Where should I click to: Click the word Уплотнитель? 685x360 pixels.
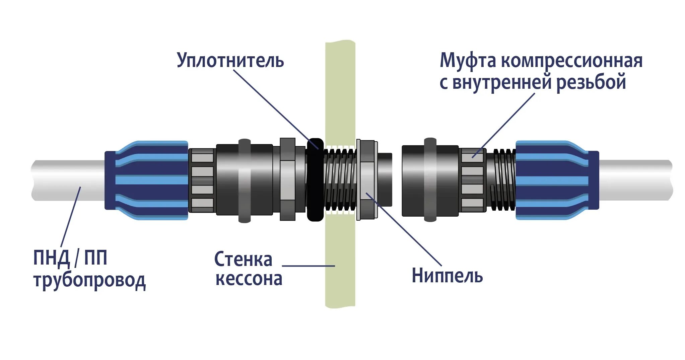230,61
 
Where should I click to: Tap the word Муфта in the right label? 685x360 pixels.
468,61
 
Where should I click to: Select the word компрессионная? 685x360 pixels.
571,61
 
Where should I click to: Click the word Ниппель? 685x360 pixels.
447,275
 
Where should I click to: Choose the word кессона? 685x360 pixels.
249,279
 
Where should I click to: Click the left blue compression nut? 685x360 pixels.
146,180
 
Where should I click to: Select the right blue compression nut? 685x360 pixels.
556,180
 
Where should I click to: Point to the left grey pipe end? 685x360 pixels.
67,180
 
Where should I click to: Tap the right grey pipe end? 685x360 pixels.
635,180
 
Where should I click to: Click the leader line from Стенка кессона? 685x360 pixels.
308,266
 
